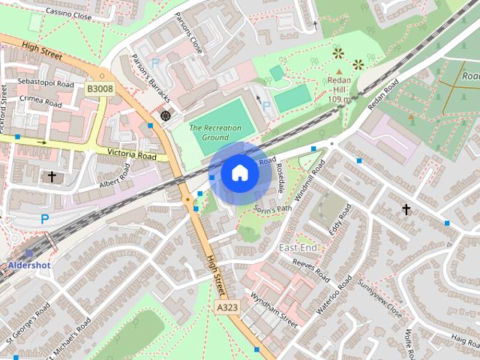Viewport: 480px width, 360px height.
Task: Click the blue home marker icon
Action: point(239,172)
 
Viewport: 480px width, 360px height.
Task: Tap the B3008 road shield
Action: point(99,88)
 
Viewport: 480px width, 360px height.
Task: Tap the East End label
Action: point(298,247)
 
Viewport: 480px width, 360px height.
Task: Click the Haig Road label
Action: point(466,339)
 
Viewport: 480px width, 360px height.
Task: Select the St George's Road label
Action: point(28,321)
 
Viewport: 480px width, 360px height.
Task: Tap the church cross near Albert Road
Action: point(52,177)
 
